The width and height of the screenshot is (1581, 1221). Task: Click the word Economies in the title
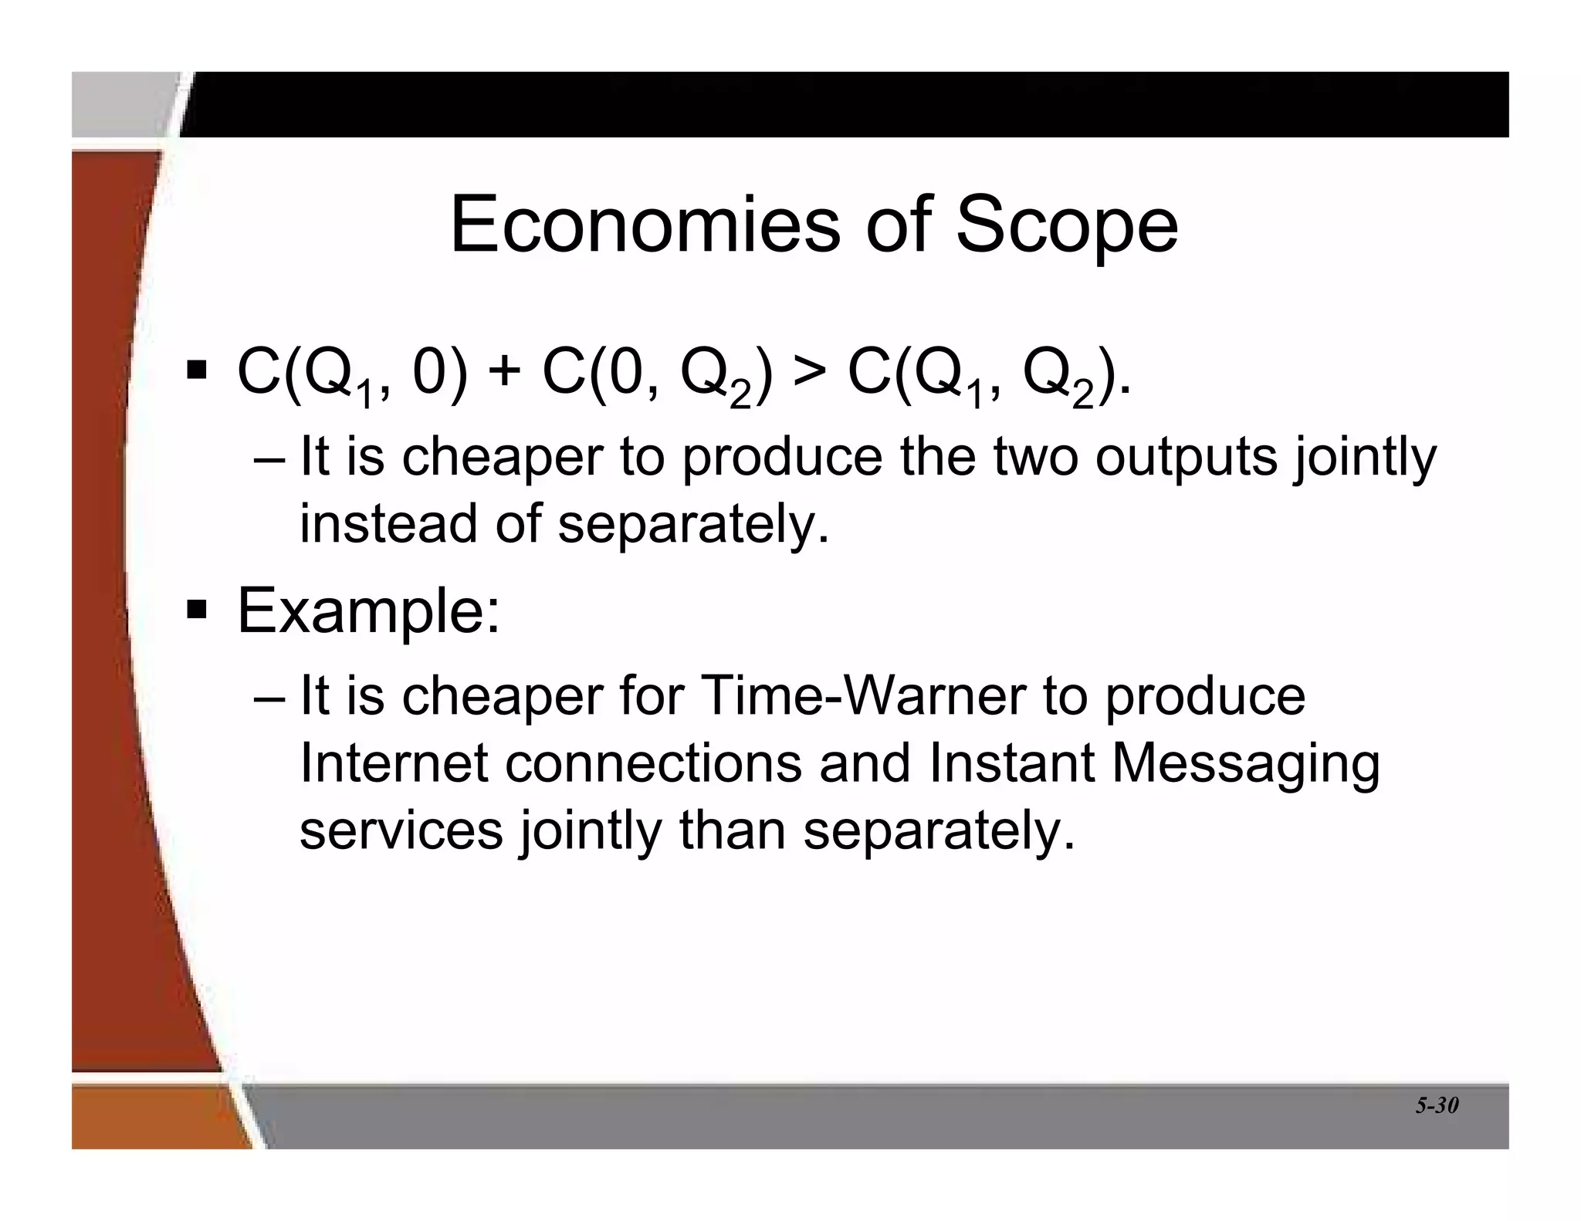[645, 225]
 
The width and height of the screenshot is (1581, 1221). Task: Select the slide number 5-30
[1437, 1105]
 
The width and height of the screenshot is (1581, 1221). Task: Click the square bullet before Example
[197, 610]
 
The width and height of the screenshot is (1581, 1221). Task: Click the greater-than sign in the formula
[809, 372]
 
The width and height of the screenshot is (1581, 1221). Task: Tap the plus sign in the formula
[505, 372]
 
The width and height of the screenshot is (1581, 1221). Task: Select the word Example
[369, 611]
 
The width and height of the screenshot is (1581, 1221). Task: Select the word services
[401, 830]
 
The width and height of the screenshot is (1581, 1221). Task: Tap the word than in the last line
[732, 830]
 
